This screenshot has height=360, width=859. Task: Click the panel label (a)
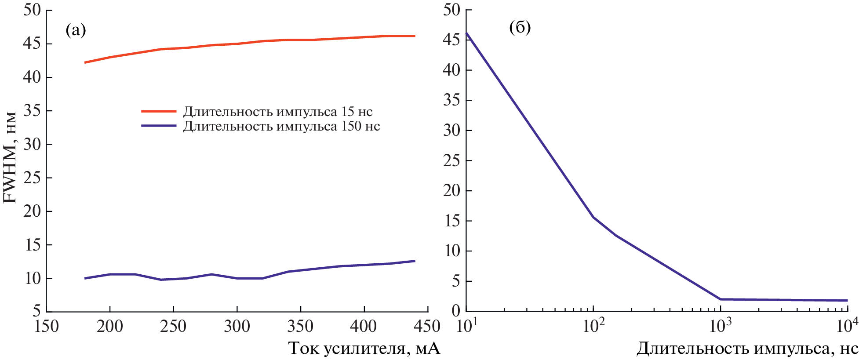click(76, 30)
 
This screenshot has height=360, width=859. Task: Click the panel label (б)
click(520, 27)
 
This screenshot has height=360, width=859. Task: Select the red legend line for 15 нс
click(159, 111)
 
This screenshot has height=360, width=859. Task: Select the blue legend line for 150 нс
click(159, 126)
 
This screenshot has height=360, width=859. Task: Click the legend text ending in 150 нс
click(281, 126)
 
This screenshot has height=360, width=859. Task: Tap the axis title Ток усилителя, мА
click(364, 348)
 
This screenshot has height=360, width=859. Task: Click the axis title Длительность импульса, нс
click(747, 349)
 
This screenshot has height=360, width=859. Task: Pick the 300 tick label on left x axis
click(237, 326)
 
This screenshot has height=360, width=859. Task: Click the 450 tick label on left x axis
click(427, 326)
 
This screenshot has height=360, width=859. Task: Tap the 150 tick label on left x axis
click(47, 326)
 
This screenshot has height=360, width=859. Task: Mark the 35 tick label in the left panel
click(32, 111)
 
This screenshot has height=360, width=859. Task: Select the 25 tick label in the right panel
click(451, 161)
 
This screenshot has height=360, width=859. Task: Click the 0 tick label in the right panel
click(456, 311)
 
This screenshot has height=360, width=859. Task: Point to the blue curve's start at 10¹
click(466, 33)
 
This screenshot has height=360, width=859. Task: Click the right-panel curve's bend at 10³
click(721, 299)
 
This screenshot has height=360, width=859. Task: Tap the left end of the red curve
click(85, 62)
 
